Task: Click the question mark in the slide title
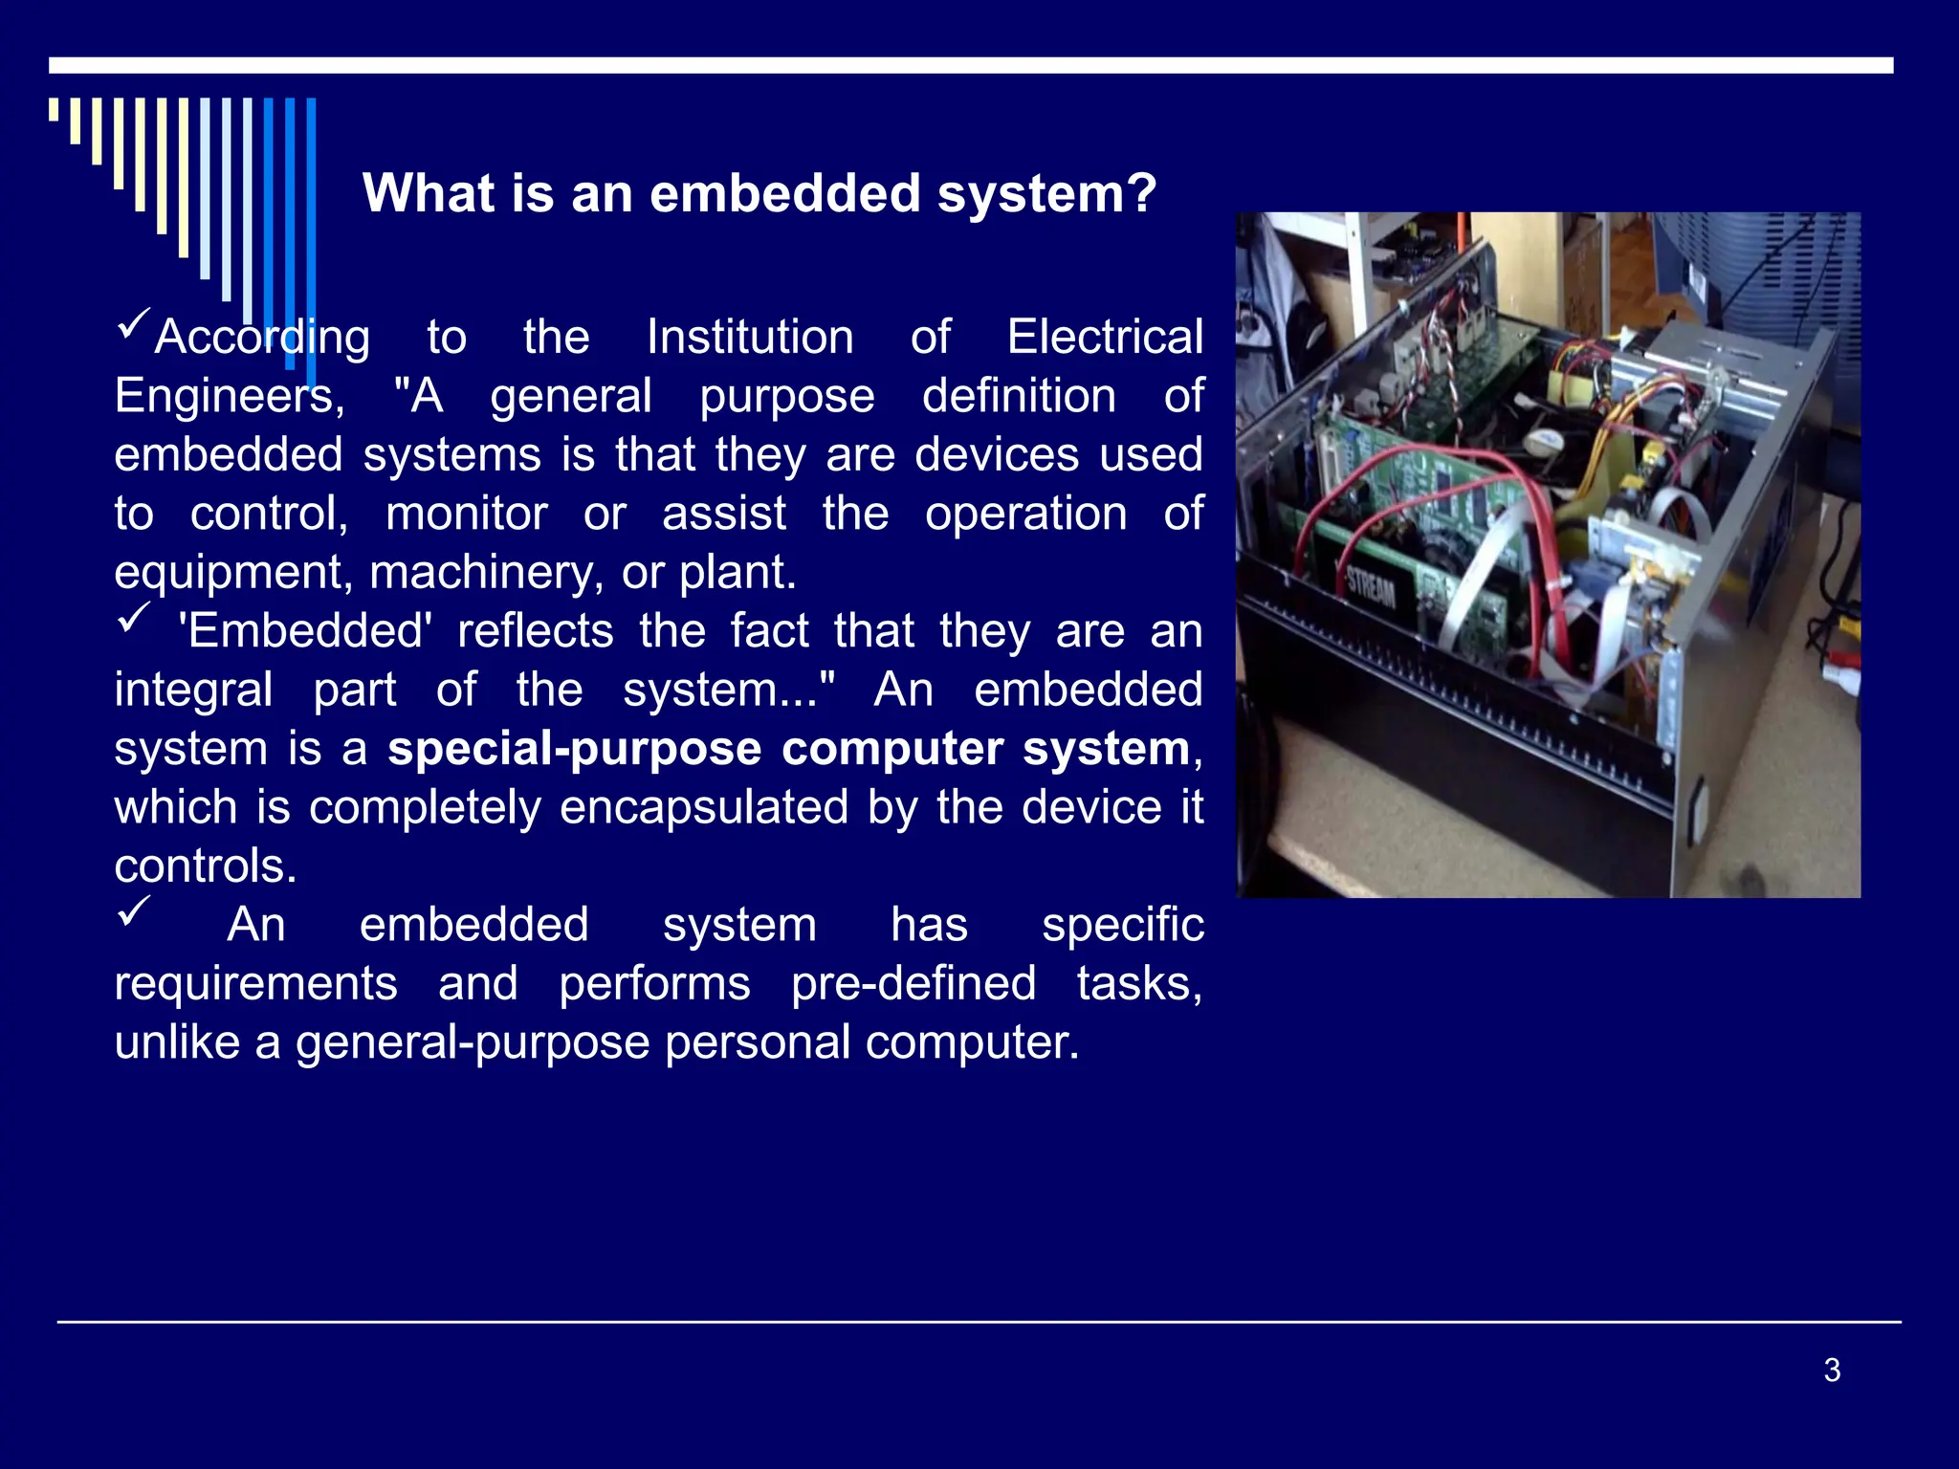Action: click(1141, 194)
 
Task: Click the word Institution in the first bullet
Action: click(750, 338)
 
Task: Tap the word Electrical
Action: click(1105, 338)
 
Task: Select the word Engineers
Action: click(229, 397)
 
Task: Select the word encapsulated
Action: click(704, 808)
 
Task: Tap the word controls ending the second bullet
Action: click(206, 866)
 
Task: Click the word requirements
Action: click(255, 984)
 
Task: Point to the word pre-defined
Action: click(913, 984)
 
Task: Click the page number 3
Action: click(1832, 1370)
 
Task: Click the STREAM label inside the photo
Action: click(1371, 587)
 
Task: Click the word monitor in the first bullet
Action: click(466, 515)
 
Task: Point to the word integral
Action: click(193, 691)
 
